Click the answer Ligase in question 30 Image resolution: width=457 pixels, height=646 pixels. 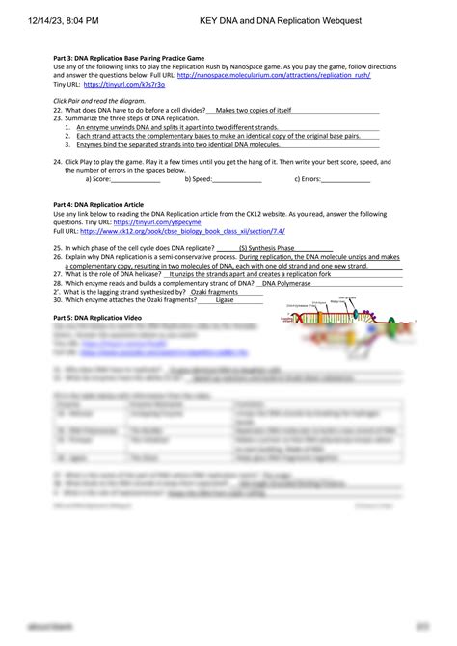pyautogui.click(x=225, y=300)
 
